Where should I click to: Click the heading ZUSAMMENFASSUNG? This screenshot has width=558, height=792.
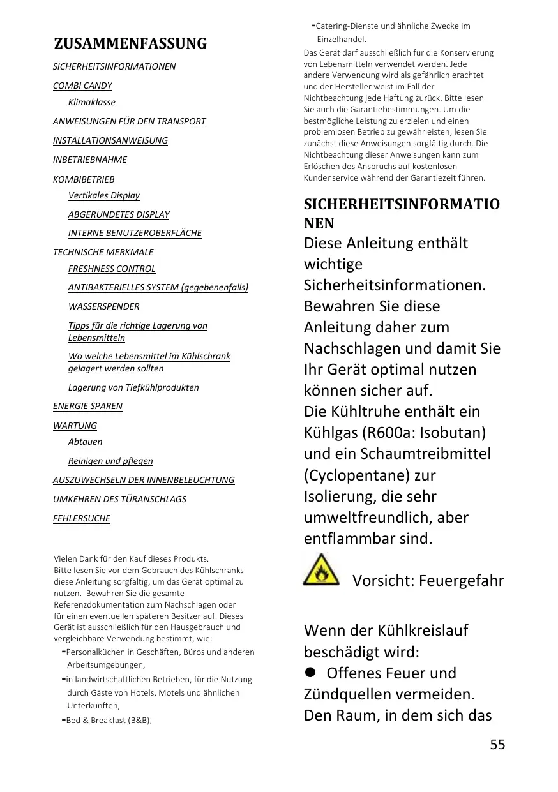(x=130, y=44)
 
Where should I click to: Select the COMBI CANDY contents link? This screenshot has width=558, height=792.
(x=82, y=86)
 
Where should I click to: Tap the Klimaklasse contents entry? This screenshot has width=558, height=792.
(x=92, y=102)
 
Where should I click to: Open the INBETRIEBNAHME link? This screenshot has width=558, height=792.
(x=90, y=160)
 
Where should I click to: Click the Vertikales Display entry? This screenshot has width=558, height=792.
(x=104, y=195)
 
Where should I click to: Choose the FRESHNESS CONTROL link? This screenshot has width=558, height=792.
(x=112, y=269)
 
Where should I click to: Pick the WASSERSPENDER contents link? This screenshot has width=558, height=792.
(x=104, y=306)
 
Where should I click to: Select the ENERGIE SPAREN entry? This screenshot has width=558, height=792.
(x=87, y=406)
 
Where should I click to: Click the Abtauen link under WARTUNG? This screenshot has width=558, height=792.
(x=86, y=442)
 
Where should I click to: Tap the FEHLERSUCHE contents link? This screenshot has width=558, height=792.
(x=82, y=518)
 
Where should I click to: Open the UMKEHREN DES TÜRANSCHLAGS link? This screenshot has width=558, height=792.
(x=119, y=499)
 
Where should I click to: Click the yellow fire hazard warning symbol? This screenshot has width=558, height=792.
(x=317, y=571)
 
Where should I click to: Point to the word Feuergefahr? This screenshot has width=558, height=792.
(x=462, y=581)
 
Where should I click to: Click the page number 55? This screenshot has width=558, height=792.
(x=497, y=744)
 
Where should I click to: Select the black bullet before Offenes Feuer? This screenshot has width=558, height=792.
(x=311, y=673)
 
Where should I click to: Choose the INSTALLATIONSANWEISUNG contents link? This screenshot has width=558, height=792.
(x=110, y=140)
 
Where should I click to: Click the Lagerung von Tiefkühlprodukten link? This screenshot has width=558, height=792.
(x=133, y=387)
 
